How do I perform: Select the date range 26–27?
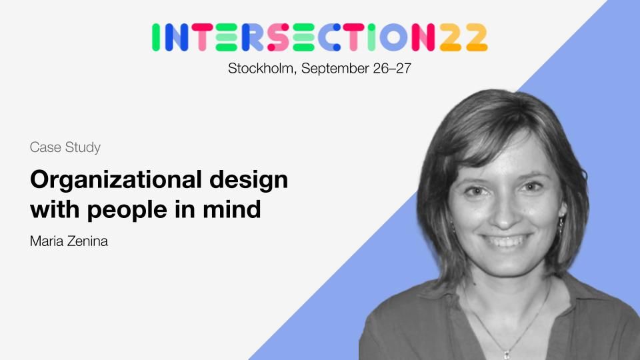point(392,68)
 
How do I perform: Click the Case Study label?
point(65,147)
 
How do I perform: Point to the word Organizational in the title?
point(116,180)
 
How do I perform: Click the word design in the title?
point(249,180)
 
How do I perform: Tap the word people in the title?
point(127,210)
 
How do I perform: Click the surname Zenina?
point(88,241)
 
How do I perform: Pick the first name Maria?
point(47,241)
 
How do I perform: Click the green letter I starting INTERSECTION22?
point(155,37)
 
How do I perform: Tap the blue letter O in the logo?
point(393,37)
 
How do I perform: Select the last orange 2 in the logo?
point(477,37)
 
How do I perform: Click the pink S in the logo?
point(278,37)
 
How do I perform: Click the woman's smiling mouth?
point(507,241)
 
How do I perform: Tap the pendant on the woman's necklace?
point(507,354)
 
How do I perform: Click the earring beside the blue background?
point(561,224)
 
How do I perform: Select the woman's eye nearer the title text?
point(475,191)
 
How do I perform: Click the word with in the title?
point(55,209)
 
